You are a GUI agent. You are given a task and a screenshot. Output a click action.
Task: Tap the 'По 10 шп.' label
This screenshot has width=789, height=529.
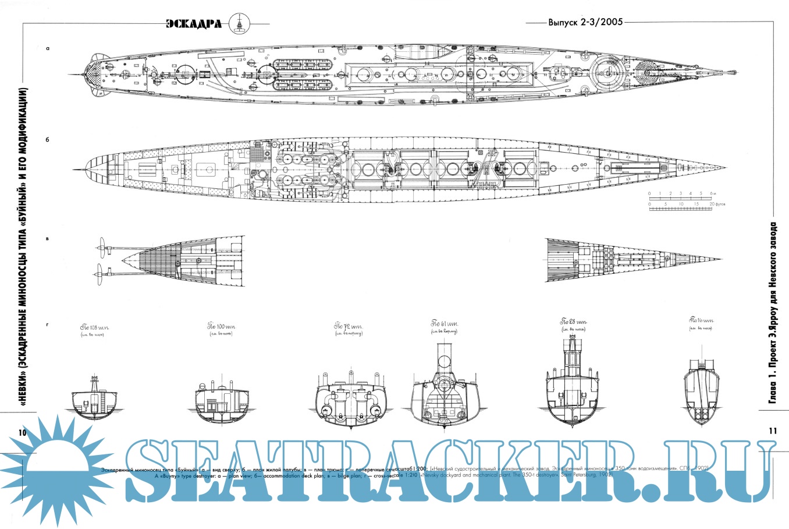point(701,320)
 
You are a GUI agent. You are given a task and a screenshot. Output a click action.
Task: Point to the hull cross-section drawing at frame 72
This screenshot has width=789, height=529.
point(349,401)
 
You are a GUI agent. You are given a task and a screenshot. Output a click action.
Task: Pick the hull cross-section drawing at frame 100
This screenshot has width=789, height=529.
point(222,403)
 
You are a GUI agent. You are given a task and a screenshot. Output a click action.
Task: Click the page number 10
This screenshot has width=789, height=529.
point(23,432)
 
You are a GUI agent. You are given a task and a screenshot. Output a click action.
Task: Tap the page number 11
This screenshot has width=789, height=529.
point(773,431)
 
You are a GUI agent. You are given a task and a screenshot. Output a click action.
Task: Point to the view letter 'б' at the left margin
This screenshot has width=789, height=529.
point(47,140)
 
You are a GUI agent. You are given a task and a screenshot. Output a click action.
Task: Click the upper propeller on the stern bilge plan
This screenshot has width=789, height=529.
point(105,247)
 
